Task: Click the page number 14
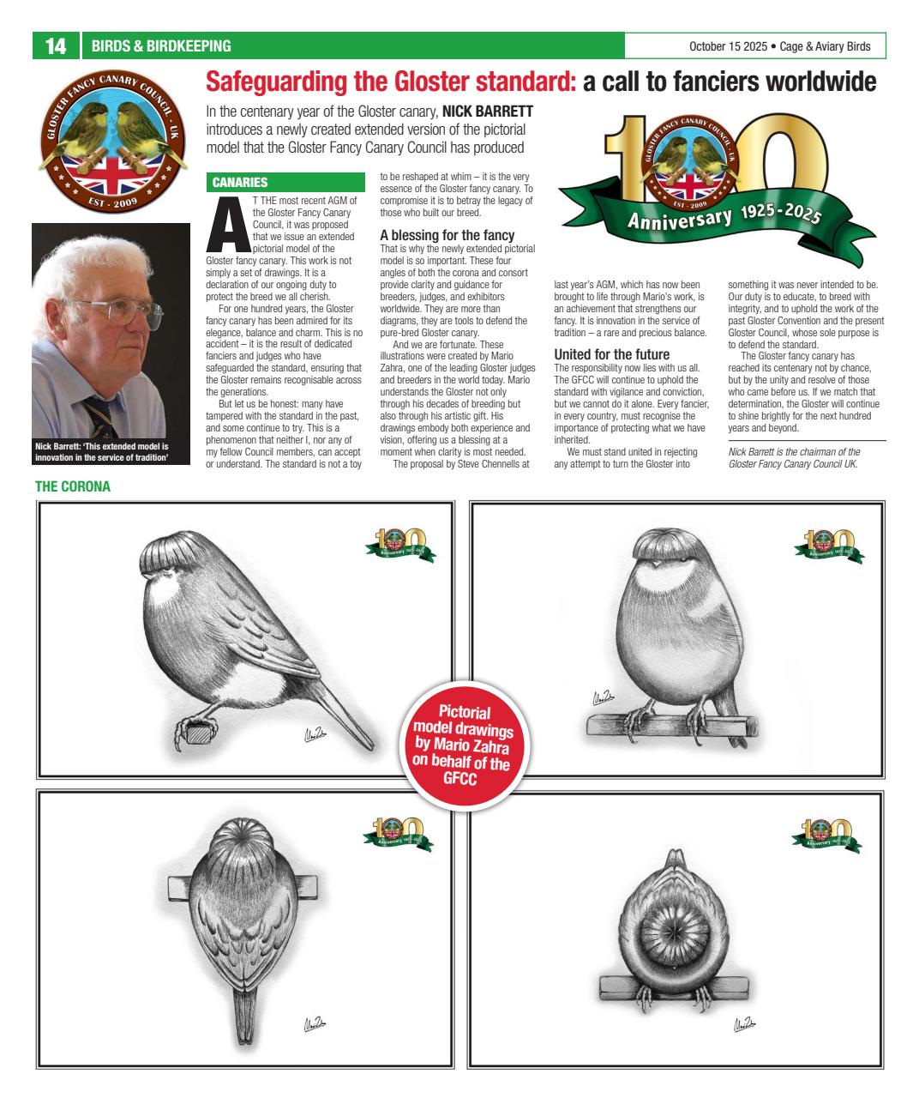[x=56, y=46]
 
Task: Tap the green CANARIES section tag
[x=240, y=182]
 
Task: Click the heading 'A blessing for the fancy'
[x=447, y=235]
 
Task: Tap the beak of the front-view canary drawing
[x=656, y=565]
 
